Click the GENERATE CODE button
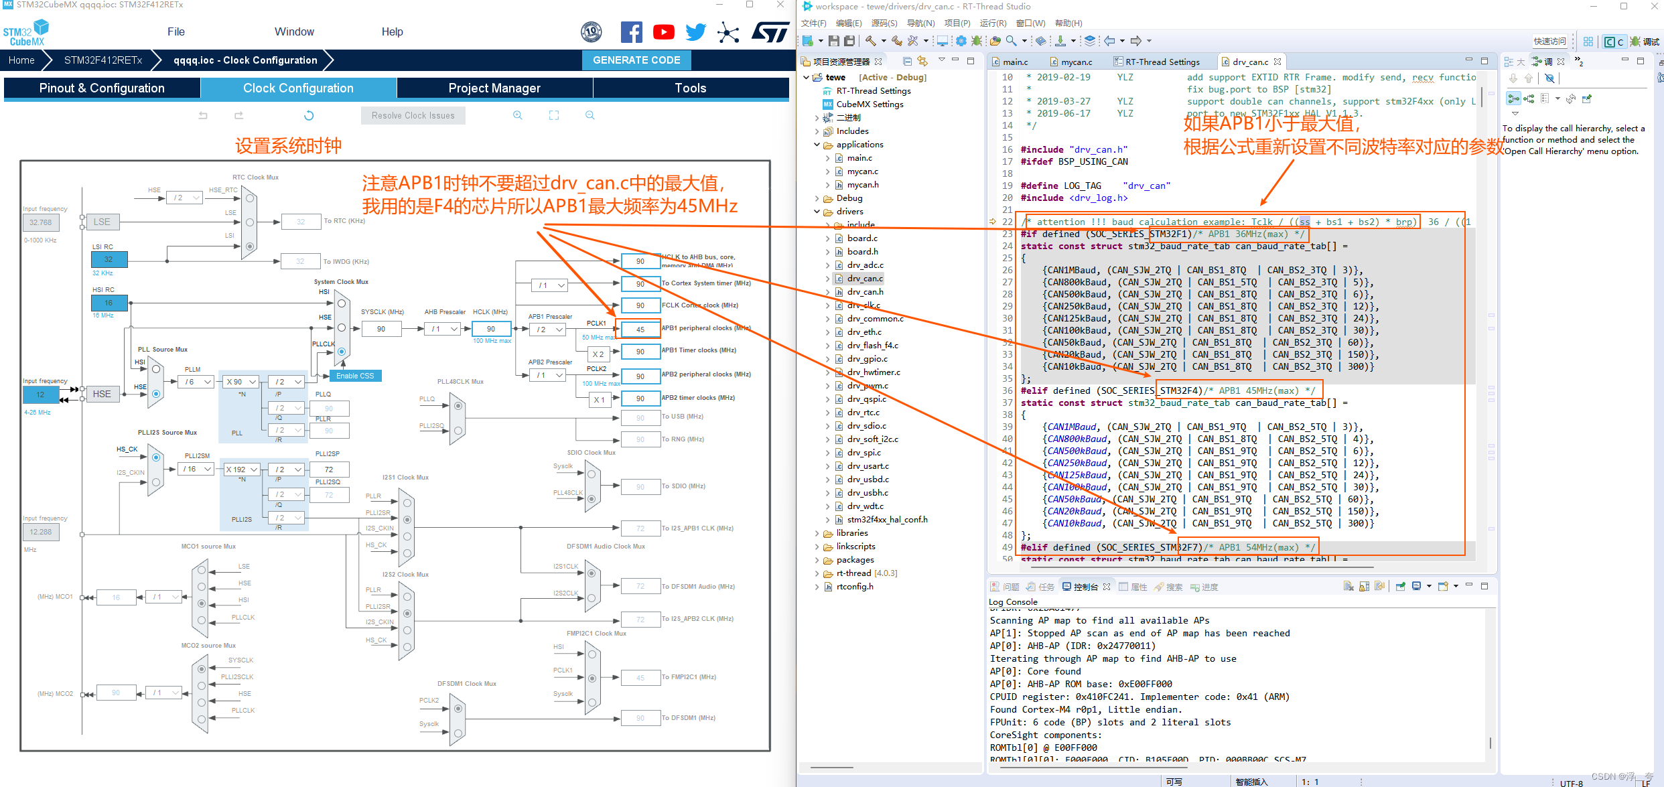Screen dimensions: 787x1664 636,60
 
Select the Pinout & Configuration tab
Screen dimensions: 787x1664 102,88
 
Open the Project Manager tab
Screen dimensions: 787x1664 494,88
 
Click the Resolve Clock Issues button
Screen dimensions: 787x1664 413,116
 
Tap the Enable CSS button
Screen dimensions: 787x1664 355,376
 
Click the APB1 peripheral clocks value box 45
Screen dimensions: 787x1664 640,330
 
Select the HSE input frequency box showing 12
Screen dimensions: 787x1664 40,395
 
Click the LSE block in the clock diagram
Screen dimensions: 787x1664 102,222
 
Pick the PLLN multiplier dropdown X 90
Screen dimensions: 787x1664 241,382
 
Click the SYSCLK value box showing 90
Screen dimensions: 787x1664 381,329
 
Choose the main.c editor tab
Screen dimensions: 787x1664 1015,62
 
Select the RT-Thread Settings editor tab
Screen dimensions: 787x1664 1162,62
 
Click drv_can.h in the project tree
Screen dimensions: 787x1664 865,292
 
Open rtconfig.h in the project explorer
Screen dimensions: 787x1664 854,587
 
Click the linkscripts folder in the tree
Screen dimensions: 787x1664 855,547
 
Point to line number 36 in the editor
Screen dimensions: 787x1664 1007,391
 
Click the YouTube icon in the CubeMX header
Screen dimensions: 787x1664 663,32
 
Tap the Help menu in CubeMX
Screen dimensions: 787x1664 392,32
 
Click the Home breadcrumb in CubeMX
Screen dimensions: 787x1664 21,60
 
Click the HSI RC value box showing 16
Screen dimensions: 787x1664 109,303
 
